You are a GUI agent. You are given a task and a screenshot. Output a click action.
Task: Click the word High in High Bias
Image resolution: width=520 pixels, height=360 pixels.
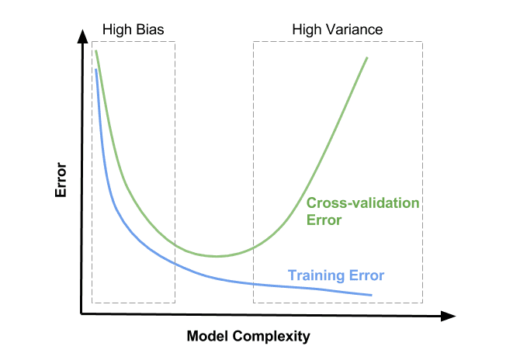[x=117, y=30]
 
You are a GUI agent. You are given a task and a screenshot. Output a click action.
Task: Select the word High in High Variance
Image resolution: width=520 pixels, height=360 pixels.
[x=307, y=30]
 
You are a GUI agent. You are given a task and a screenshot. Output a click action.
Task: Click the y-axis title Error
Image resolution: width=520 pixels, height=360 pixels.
[x=61, y=180]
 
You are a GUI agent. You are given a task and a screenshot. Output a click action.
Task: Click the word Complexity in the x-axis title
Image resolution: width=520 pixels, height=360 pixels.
[x=271, y=337]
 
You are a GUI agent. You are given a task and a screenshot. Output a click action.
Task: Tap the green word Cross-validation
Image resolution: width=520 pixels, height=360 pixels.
[x=362, y=202]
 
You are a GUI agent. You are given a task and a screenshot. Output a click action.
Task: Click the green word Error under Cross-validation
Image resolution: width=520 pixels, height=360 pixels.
[x=324, y=220]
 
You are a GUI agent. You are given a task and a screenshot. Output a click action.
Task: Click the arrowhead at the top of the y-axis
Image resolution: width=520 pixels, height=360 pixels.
[x=82, y=36]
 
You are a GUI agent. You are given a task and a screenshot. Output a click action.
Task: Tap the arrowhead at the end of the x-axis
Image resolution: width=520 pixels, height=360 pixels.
[x=449, y=317]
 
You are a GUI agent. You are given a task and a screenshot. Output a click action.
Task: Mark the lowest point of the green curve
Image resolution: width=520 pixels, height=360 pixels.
[x=217, y=256]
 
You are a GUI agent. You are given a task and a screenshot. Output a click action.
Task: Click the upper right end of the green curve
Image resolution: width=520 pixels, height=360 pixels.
[x=367, y=57]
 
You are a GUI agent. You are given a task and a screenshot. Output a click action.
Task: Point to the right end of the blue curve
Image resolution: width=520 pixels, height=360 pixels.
[x=372, y=295]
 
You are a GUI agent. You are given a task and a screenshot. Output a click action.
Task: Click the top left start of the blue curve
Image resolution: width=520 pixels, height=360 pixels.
[x=95, y=69]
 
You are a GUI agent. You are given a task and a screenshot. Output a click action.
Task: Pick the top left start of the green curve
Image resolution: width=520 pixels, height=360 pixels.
[x=95, y=50]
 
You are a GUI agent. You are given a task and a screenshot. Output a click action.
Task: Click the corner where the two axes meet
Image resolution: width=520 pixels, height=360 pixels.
[x=81, y=313]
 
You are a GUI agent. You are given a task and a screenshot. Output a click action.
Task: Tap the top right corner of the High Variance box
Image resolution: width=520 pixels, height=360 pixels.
[x=422, y=42]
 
